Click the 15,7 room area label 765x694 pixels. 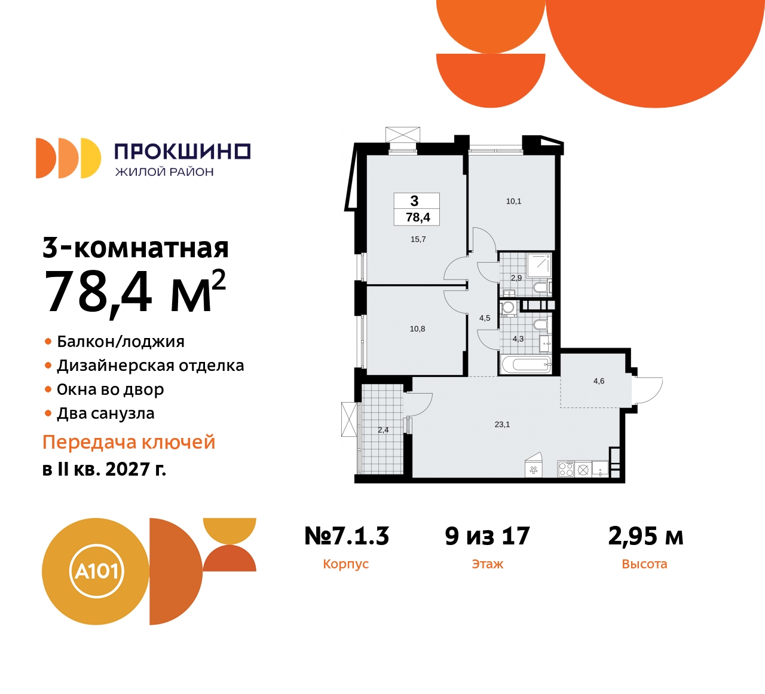point(418,239)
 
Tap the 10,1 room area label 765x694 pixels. point(513,202)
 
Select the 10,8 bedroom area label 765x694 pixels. point(417,329)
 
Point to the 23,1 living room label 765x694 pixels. point(502,425)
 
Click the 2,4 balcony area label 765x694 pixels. point(383,430)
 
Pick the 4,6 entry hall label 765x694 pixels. point(598,381)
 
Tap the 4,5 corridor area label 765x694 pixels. point(484,318)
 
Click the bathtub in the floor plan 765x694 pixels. point(525,364)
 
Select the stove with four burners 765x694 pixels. point(565,469)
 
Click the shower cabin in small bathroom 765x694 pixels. point(539,264)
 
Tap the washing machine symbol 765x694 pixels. point(508,308)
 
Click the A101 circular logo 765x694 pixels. point(96,571)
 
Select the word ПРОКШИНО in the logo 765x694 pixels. point(182,151)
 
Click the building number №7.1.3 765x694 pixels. point(347,536)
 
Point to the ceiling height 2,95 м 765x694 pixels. point(645,536)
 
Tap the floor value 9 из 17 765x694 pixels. point(487,536)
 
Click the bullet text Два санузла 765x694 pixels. point(105,413)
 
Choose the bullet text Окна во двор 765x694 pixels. point(110,389)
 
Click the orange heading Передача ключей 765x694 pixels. point(128,442)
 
